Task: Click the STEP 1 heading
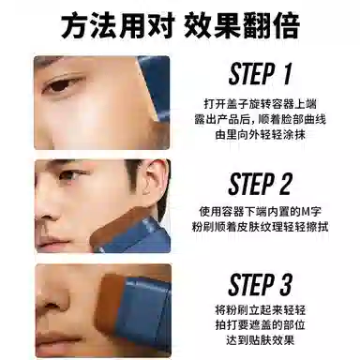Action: (x=261, y=74)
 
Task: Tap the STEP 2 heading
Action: (x=261, y=184)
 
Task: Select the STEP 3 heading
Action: (x=261, y=285)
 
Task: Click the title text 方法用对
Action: (x=117, y=25)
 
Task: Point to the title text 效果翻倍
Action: (x=242, y=25)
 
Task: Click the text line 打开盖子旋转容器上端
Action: (x=260, y=103)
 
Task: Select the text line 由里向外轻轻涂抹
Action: (x=261, y=135)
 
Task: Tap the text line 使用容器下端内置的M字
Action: (x=260, y=212)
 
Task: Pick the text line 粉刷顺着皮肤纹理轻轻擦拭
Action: (x=260, y=227)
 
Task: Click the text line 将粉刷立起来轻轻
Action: (x=261, y=310)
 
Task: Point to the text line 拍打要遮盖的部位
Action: (x=261, y=325)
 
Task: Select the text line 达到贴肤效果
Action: (x=261, y=340)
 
